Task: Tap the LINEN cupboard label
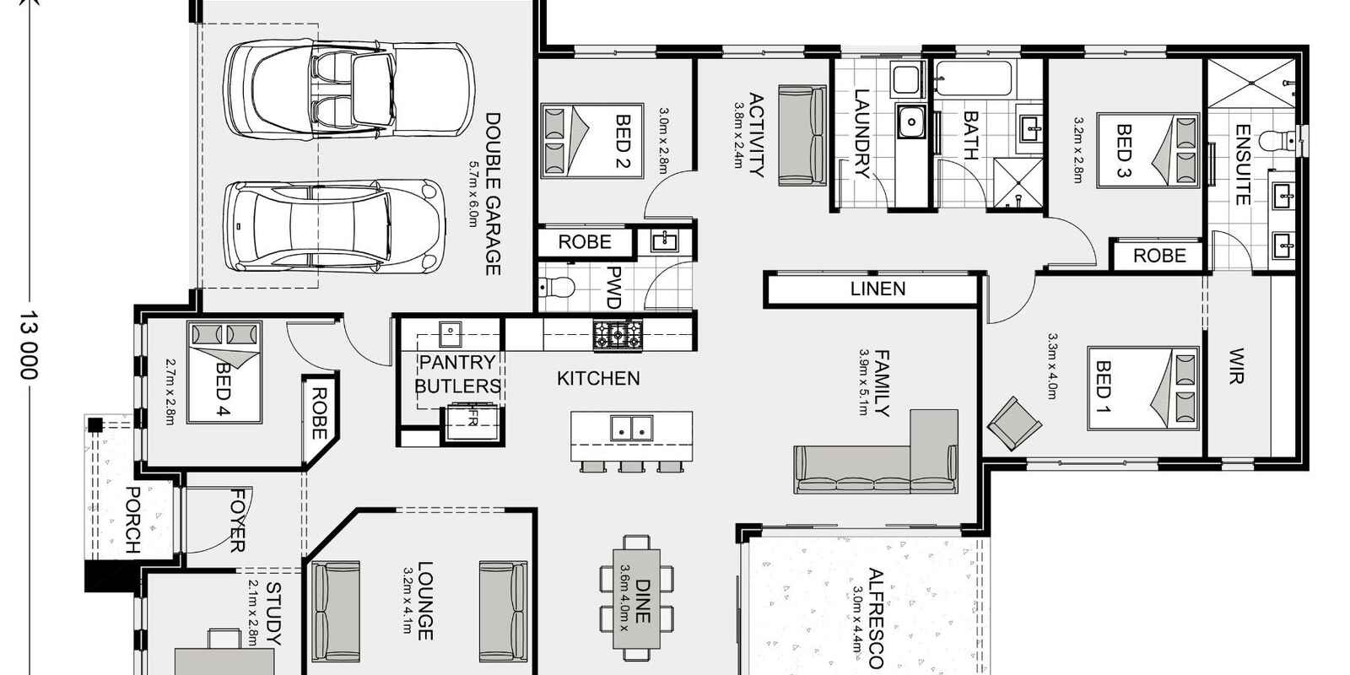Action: click(x=877, y=289)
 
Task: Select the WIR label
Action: click(x=1237, y=365)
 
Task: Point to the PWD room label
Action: click(x=614, y=287)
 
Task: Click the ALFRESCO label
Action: click(x=875, y=618)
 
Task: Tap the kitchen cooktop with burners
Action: click(x=618, y=335)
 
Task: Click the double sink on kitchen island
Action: click(x=630, y=429)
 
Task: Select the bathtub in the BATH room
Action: click(x=975, y=79)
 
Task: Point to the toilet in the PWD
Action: click(x=557, y=289)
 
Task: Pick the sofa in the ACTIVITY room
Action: click(x=801, y=135)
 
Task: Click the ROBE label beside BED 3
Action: click(x=1159, y=256)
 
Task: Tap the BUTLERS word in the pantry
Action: click(x=457, y=386)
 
